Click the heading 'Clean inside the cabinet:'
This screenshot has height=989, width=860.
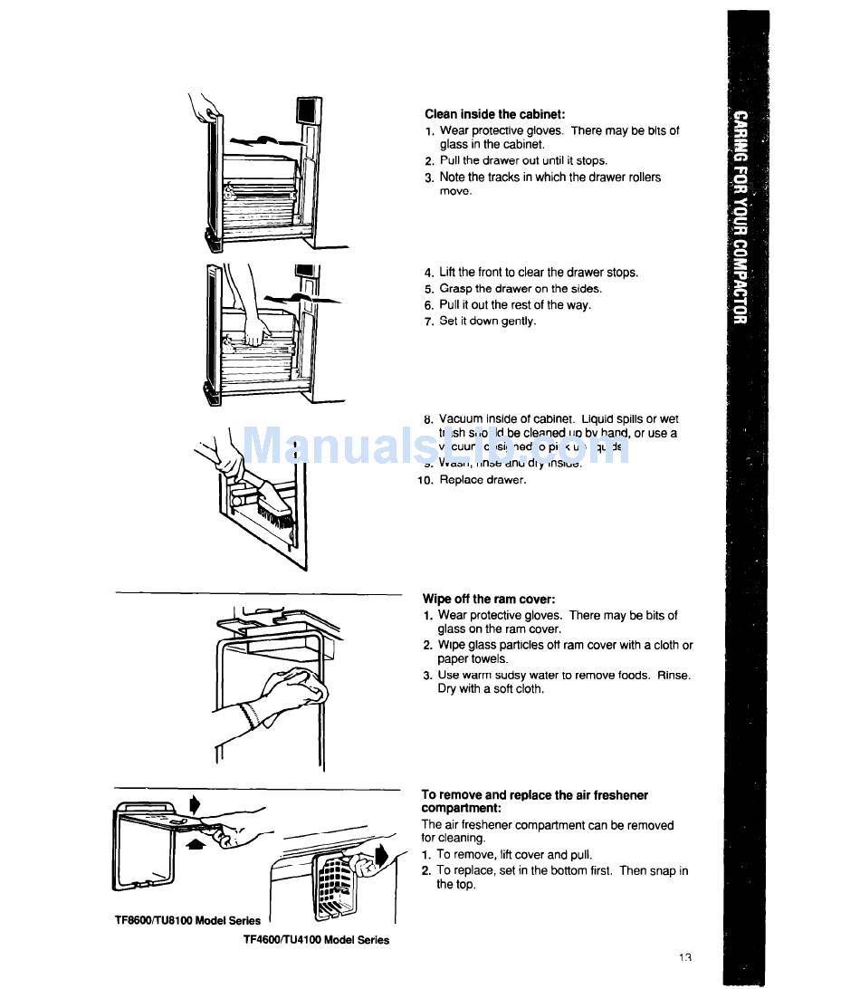pyautogui.click(x=494, y=114)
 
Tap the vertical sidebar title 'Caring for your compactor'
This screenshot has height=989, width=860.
pyautogui.click(x=741, y=217)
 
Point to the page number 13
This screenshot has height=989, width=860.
pyautogui.click(x=684, y=957)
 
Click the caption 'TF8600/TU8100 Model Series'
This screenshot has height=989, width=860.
pyautogui.click(x=187, y=921)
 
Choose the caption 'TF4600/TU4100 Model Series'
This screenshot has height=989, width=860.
pyautogui.click(x=316, y=940)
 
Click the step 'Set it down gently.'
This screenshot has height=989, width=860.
pyautogui.click(x=487, y=322)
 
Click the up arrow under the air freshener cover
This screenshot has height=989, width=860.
pyautogui.click(x=193, y=844)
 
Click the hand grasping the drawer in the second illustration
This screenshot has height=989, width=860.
pyautogui.click(x=257, y=331)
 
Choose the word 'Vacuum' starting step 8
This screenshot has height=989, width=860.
pyautogui.click(x=462, y=419)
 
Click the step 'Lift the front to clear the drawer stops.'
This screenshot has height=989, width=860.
pyautogui.click(x=538, y=273)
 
